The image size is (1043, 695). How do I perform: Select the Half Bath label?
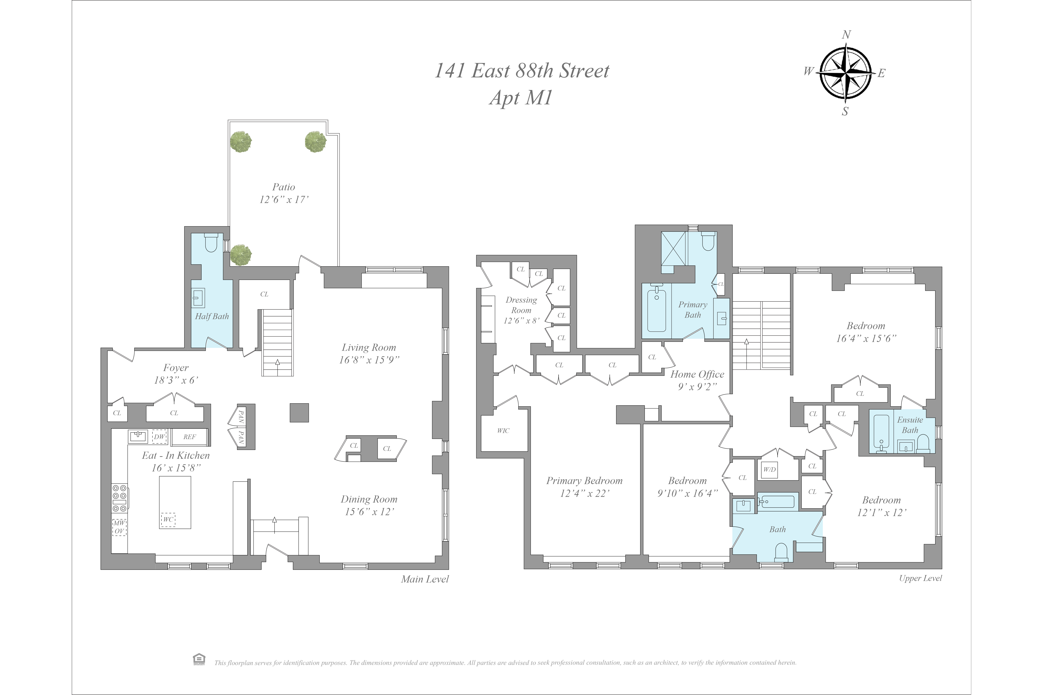coord(212,316)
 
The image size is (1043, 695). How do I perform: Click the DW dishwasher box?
coord(160,437)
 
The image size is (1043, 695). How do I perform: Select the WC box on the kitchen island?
coord(168,520)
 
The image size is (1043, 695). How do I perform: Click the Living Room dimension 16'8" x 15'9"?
coord(369,360)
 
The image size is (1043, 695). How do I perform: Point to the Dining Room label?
coord(369,499)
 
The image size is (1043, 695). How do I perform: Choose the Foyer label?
coord(176,367)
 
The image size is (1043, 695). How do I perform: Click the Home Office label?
coord(697,374)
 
